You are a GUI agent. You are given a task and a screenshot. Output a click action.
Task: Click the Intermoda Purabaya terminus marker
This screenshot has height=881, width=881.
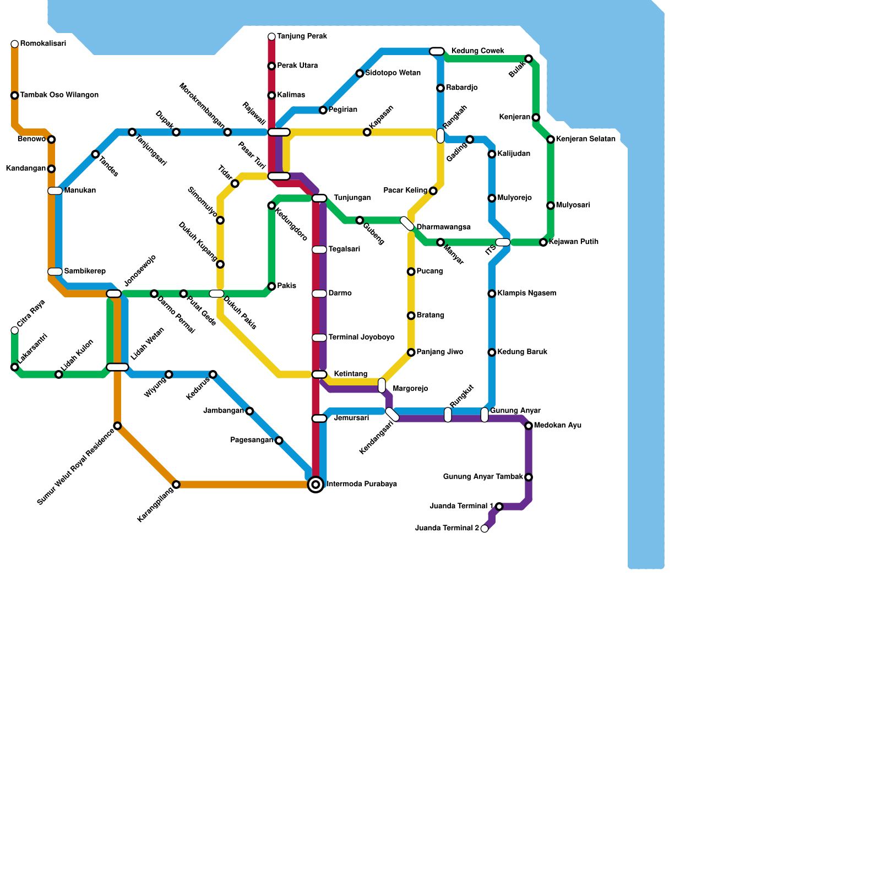coord(316,485)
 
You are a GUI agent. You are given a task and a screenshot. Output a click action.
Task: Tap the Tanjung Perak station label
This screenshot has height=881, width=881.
coord(302,37)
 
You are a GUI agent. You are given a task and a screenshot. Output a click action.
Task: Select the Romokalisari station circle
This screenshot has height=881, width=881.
coord(15,44)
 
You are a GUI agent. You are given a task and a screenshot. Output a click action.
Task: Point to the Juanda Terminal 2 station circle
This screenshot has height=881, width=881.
coord(485,529)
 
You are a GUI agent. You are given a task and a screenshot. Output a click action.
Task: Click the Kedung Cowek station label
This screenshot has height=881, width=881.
coord(477,51)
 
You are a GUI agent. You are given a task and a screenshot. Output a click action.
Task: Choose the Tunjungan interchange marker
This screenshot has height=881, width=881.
coord(319,198)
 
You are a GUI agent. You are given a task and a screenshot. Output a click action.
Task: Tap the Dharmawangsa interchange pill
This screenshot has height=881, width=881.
coord(407,224)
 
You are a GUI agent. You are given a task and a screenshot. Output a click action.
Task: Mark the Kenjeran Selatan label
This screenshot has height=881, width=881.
coord(585,139)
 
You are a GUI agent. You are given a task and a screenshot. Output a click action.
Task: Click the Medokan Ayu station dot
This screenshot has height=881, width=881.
coord(529,426)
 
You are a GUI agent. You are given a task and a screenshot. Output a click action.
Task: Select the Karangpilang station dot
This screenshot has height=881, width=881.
coord(176,485)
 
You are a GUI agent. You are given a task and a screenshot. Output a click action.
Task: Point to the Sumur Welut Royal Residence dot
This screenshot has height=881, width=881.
coord(117,426)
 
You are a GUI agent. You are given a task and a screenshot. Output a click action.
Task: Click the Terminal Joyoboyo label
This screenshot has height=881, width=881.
coord(361,338)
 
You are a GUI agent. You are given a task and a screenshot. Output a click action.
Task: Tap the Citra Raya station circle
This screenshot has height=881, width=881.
coord(15,330)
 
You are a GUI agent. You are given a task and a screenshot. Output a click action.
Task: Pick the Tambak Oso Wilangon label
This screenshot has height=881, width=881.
coord(59,95)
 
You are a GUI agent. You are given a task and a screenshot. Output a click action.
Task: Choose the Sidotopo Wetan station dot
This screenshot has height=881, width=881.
coord(360,73)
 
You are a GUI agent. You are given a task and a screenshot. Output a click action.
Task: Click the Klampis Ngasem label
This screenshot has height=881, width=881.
coord(526,293)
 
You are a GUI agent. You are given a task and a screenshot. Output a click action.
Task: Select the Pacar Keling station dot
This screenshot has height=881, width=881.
coord(433,191)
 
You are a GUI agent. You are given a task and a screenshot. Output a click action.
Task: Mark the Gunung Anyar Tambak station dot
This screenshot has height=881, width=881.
coord(529,477)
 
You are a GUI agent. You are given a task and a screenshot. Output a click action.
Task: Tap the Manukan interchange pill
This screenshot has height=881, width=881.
coord(55,191)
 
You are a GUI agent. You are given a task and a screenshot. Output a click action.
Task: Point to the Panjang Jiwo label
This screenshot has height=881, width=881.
coord(439,352)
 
